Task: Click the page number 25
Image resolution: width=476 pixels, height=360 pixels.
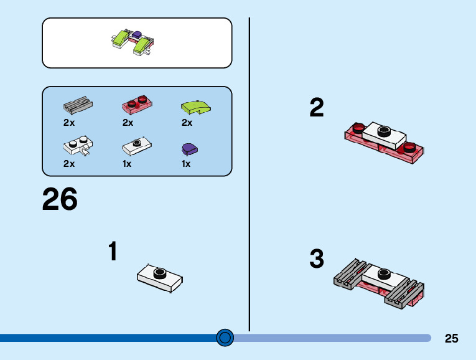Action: [x=452, y=338]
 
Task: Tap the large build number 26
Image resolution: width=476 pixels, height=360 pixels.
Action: [x=60, y=200]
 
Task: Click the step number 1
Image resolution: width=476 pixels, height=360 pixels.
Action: [x=113, y=252]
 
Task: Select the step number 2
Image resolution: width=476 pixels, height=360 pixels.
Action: [x=317, y=108]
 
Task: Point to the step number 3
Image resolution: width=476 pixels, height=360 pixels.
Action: [x=317, y=259]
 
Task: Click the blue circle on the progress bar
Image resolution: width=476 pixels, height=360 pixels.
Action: [x=225, y=338]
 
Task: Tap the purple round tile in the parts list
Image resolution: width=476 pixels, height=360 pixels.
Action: [x=189, y=148]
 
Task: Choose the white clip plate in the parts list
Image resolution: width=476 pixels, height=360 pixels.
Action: [x=78, y=147]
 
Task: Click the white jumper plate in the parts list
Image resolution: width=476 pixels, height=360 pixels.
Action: [x=136, y=147]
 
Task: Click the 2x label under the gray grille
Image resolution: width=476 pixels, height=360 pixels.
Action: [x=69, y=123]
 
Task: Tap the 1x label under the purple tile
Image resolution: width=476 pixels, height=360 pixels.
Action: [x=186, y=164]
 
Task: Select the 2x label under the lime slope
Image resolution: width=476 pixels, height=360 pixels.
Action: [x=187, y=123]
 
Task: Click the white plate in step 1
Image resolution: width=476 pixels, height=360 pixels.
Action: [x=160, y=278]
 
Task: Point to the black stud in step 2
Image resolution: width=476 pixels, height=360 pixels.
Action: [x=384, y=131]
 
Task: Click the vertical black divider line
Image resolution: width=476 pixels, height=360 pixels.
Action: [x=250, y=174]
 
